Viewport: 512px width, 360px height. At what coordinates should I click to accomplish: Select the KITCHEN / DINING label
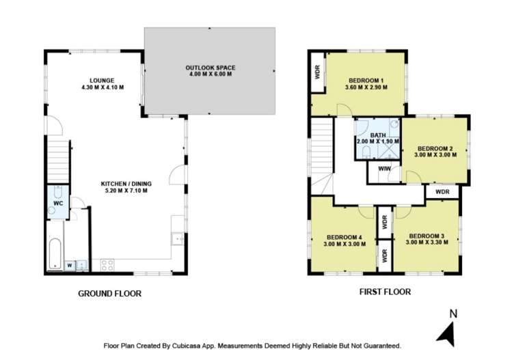126,183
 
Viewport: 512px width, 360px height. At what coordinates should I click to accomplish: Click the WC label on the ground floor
58,204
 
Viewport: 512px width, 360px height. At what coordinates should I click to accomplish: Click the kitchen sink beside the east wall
178,239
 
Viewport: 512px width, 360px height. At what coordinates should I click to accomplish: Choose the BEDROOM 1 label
366,80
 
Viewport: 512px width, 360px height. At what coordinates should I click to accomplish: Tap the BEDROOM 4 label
343,237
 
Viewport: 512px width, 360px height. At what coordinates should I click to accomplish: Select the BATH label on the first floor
377,135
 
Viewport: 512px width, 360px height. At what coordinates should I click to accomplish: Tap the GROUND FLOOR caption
110,294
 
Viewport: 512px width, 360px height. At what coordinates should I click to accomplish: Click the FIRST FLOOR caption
385,292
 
